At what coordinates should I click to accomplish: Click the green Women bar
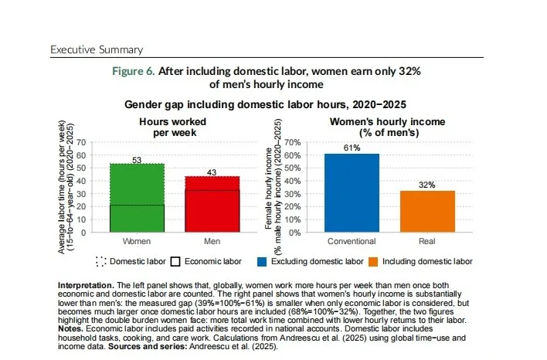pyautogui.click(x=137, y=197)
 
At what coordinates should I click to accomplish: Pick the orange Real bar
pyautogui.click(x=427, y=211)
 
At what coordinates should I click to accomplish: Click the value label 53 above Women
pyautogui.click(x=137, y=159)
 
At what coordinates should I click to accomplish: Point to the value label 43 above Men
pyautogui.click(x=212, y=172)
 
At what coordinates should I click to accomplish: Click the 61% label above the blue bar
pyautogui.click(x=352, y=148)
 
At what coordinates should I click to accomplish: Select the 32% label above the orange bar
pyautogui.click(x=427, y=185)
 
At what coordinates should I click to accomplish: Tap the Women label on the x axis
pyautogui.click(x=137, y=242)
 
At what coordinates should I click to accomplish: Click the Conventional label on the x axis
pyautogui.click(x=352, y=242)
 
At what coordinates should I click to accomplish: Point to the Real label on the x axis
pyautogui.click(x=427, y=242)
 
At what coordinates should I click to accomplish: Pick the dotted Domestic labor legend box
pyautogui.click(x=102, y=261)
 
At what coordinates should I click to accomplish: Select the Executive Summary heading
pyautogui.click(x=97, y=49)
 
